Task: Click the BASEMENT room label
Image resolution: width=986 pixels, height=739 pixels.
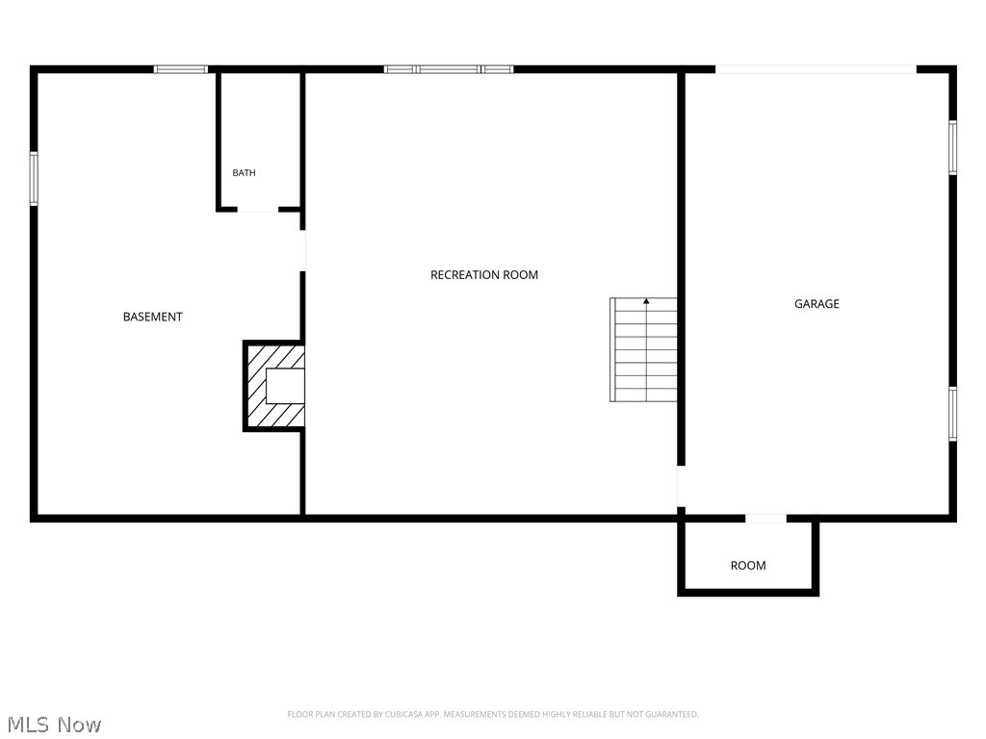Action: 153,317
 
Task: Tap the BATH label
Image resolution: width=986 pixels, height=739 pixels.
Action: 244,173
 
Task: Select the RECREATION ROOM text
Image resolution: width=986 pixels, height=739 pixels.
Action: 484,274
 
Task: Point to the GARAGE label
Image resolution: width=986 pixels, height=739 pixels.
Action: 817,303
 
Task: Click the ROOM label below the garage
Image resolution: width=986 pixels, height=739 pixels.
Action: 748,566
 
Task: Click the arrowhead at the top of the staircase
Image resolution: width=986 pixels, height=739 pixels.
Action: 646,301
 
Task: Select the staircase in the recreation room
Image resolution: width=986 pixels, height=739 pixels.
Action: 643,350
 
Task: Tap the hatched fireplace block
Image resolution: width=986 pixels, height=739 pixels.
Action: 274,386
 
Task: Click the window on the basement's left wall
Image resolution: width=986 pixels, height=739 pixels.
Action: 34,178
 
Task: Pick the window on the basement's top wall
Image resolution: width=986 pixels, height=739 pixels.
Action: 181,69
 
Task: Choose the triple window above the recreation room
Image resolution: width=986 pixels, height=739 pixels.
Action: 449,69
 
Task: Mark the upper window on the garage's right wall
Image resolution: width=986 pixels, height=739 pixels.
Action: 952,147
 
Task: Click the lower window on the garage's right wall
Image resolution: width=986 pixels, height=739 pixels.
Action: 952,414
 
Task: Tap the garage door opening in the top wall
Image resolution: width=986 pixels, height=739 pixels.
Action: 816,69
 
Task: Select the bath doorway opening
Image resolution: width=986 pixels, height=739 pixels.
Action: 258,209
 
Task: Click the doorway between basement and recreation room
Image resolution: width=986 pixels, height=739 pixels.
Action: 302,251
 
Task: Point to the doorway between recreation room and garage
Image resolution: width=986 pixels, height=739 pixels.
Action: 681,486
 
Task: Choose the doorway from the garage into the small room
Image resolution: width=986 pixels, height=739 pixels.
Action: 765,519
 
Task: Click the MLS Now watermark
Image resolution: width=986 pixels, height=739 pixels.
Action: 54,725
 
